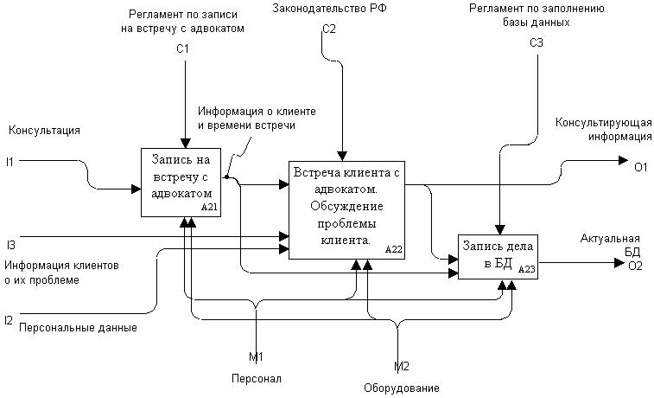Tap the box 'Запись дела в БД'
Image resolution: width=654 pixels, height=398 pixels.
point(498,256)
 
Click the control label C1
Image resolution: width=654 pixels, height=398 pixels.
point(182,49)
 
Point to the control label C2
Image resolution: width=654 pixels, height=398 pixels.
point(328,29)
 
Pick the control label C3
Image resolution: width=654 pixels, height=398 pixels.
point(537,42)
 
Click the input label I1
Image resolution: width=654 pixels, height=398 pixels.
point(10,161)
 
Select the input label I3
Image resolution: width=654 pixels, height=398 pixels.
point(10,245)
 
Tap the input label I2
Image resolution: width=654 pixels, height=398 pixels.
point(9,320)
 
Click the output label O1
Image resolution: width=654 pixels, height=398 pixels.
point(640,168)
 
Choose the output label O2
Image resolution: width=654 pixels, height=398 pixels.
point(635,266)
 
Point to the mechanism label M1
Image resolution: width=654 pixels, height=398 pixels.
point(256,356)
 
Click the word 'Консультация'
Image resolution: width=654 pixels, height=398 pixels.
point(44,131)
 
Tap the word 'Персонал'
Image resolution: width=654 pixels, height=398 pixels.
point(256,379)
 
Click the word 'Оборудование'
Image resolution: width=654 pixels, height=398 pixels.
point(401,388)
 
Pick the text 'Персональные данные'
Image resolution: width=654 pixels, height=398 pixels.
point(78,328)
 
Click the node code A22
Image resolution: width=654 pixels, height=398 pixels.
point(394,249)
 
